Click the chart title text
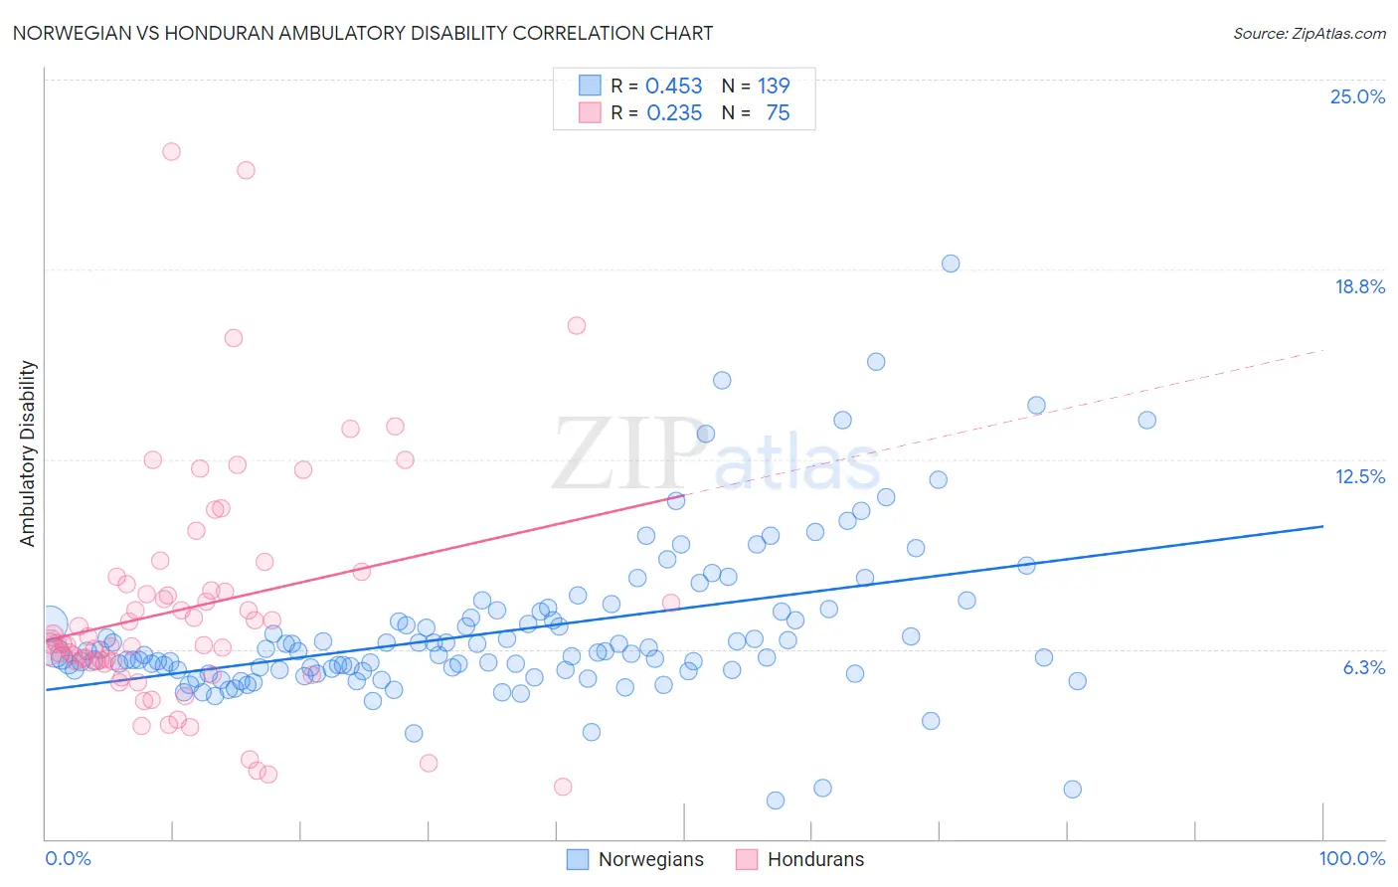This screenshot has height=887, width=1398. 363,33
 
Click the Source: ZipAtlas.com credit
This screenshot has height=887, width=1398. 1309,33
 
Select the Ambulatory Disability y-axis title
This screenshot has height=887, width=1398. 28,452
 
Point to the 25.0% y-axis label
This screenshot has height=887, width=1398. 1357,96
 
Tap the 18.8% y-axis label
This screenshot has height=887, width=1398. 1359,286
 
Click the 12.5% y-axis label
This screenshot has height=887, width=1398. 1359,476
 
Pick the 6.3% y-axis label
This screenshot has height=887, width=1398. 1363,667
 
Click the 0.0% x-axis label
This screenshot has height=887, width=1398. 68,858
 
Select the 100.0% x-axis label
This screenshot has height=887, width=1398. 1351,858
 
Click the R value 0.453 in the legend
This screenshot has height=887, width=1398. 673,86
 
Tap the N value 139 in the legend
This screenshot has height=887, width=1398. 774,86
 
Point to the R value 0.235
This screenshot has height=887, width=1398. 674,112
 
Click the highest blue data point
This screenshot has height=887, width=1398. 951,264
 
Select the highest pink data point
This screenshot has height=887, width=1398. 171,152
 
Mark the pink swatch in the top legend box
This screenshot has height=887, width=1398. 591,112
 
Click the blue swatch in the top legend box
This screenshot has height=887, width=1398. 591,86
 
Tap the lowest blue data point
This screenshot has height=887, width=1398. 776,800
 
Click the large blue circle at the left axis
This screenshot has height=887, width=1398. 50,623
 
